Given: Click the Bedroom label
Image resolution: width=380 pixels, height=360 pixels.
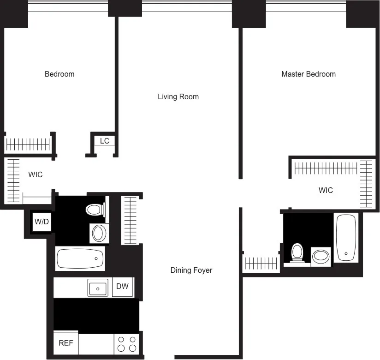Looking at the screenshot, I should [59, 74].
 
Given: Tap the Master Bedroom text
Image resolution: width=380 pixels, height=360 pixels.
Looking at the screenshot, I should [308, 74].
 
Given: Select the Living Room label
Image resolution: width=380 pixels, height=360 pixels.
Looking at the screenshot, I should [178, 96].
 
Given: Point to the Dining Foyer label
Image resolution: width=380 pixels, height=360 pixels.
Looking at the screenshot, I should [191, 270].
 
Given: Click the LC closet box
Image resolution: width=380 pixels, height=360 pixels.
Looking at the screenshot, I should [105, 141].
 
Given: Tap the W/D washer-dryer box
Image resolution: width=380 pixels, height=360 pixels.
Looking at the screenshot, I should [42, 222].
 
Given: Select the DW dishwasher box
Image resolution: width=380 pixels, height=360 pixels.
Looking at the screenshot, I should [122, 287].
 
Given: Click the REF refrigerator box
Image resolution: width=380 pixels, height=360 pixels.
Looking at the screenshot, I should [65, 343].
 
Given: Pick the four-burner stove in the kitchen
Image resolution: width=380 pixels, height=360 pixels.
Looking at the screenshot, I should [126, 344].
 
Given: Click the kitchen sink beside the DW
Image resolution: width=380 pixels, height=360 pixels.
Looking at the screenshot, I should [98, 288].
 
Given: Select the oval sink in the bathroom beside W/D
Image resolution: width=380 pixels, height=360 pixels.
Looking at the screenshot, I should [99, 233].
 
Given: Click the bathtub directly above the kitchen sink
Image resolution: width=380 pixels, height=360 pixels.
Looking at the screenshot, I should [80, 258].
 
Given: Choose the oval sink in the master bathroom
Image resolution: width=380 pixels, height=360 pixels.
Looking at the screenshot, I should [321, 256].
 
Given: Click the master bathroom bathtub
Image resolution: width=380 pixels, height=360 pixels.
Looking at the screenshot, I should [346, 238].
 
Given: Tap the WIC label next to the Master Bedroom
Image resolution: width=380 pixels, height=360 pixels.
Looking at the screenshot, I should [326, 190].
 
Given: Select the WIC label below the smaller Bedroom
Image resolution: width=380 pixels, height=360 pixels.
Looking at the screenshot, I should [36, 174].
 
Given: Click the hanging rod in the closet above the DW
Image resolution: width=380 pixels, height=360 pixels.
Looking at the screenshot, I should [130, 220].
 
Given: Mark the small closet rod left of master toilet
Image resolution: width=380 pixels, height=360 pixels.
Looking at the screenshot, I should [261, 264].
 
